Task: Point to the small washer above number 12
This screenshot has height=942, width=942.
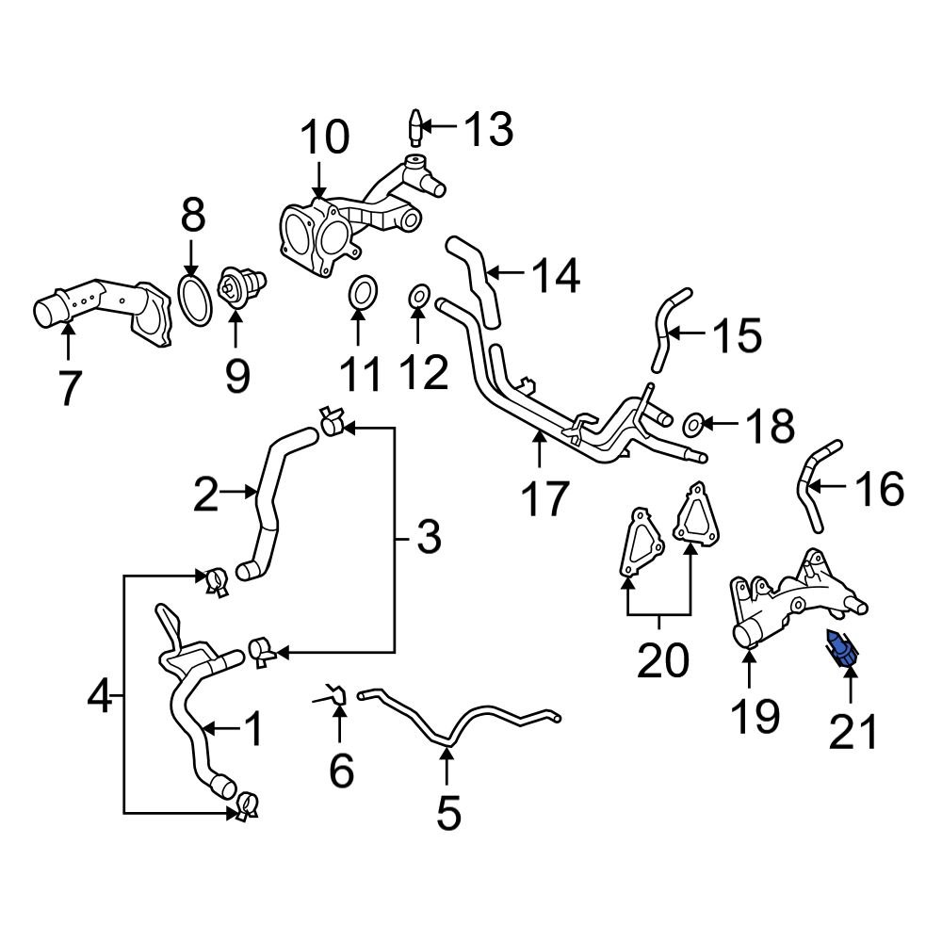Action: pyautogui.click(x=419, y=300)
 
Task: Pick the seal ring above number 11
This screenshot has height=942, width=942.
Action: pyautogui.click(x=359, y=293)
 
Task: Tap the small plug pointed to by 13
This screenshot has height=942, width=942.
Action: pyautogui.click(x=415, y=125)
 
